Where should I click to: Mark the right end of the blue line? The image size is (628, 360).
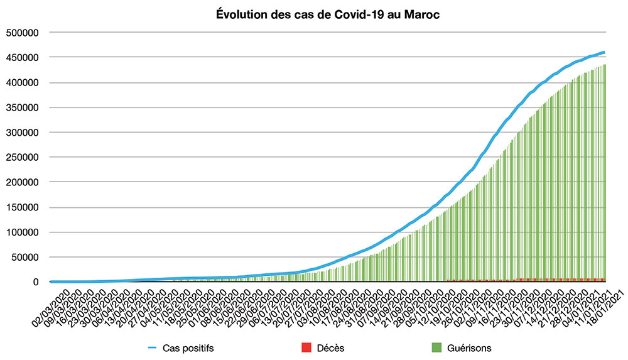pos(604,52)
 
